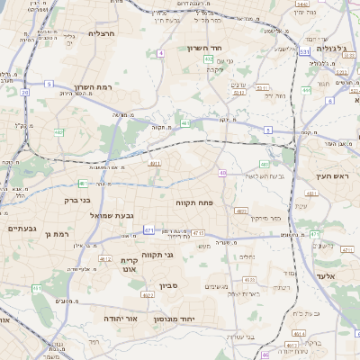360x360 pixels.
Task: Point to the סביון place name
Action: [x=169, y=286]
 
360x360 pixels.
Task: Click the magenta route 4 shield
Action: [x=160, y=54]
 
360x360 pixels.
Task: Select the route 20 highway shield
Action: [x=25, y=92]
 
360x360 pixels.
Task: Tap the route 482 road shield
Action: [x=58, y=132]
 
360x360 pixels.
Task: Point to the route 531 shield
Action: [x=305, y=52]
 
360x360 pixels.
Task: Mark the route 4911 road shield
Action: [x=155, y=164]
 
